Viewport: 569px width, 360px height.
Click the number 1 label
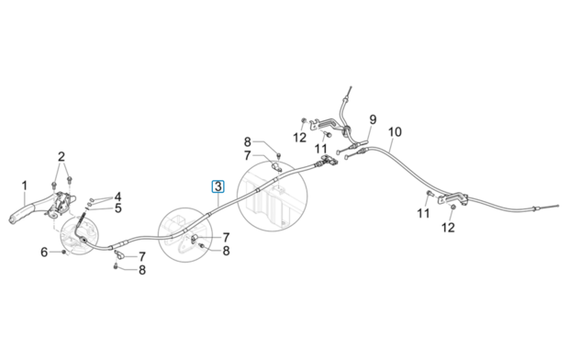(24, 186)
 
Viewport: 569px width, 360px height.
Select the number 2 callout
(61, 157)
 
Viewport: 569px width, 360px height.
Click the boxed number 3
(218, 186)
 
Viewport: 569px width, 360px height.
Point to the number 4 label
(118, 197)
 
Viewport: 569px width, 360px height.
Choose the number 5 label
(118, 208)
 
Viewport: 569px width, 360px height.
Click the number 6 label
(44, 253)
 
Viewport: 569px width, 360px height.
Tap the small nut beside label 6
(64, 253)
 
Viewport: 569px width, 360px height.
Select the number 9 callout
(373, 119)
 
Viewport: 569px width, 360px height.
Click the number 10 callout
(395, 132)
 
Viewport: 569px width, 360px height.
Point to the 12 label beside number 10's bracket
(448, 228)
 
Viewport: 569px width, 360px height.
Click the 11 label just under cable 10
(423, 213)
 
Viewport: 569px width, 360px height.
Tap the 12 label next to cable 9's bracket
(300, 138)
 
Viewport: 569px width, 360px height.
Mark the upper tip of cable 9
(351, 86)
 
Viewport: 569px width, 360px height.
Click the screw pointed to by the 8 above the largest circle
(278, 156)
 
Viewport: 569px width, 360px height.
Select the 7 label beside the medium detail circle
(226, 238)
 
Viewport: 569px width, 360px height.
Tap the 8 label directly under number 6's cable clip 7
(142, 270)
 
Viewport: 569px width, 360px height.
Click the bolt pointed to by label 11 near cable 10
(430, 193)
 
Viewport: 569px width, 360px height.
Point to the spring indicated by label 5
(87, 207)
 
